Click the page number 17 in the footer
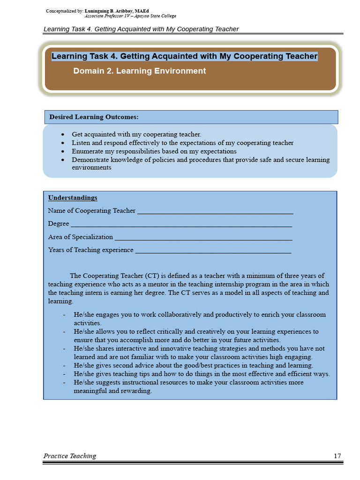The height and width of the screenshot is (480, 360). coord(337,456)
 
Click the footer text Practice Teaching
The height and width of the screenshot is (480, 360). coord(70,456)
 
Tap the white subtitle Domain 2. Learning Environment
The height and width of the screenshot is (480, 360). coord(139,71)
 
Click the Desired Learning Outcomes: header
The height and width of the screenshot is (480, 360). coord(94,117)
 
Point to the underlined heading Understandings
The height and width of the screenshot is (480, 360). coord(73,198)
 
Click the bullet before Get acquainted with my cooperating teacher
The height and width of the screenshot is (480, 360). coord(63,135)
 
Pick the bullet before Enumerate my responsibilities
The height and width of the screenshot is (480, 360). coord(63,151)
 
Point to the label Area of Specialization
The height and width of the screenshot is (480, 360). coord(80,237)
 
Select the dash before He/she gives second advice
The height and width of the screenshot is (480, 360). coord(64,366)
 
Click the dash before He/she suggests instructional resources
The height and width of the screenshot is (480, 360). coord(64,382)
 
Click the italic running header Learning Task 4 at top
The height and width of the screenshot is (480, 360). coord(141,29)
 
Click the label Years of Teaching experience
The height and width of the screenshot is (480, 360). coord(90,250)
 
